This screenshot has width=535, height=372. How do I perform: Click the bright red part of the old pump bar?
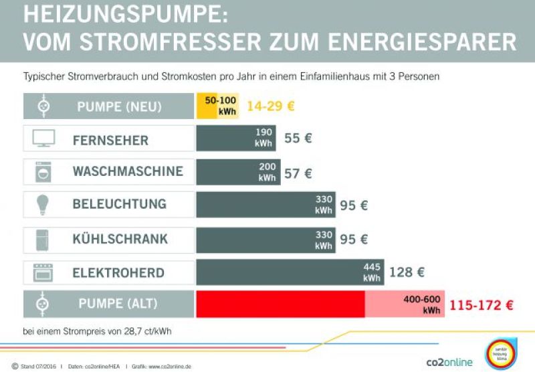(x=280, y=304)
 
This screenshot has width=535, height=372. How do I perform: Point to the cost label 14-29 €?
(x=271, y=106)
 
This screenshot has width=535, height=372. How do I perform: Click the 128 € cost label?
(x=407, y=272)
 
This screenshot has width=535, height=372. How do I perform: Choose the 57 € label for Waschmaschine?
(x=298, y=173)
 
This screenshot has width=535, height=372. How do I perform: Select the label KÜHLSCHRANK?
(x=120, y=239)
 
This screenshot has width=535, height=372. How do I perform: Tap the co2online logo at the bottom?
(x=449, y=362)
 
